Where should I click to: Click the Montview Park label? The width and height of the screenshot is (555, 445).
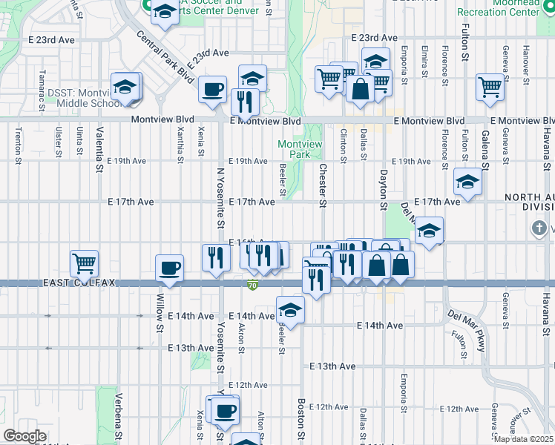point(294,149)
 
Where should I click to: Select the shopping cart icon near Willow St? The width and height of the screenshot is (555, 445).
point(85,263)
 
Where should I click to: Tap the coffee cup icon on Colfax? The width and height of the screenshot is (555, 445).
point(169,268)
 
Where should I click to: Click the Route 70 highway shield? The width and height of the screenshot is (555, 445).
point(253,284)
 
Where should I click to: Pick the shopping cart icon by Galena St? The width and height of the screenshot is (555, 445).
point(490,88)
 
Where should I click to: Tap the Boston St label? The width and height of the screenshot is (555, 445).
point(301,419)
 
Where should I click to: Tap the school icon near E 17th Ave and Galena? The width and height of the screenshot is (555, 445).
point(468,181)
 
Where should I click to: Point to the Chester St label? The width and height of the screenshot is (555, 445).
point(322,185)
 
